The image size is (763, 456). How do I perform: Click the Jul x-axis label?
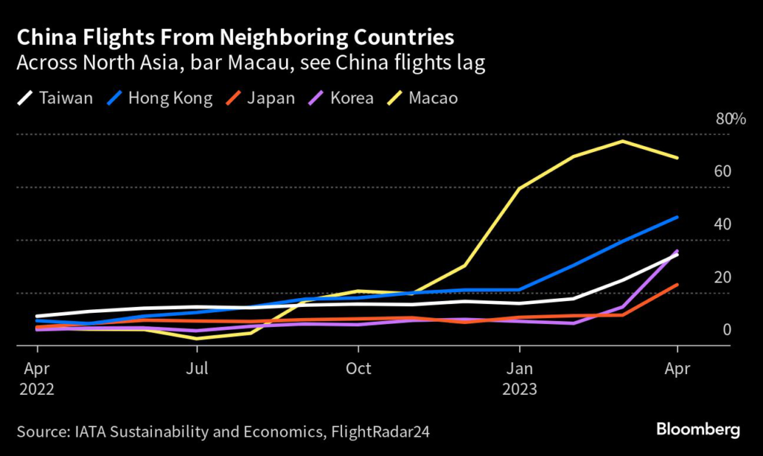click(x=197, y=369)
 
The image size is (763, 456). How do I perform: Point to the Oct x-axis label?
click(x=358, y=369)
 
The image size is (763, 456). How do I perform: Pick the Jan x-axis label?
click(x=519, y=369)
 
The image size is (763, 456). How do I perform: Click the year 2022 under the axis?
click(x=38, y=389)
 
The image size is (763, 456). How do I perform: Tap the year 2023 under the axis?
click(x=520, y=389)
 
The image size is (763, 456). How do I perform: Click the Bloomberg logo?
click(x=698, y=430)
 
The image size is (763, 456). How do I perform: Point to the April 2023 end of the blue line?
click(x=677, y=218)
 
